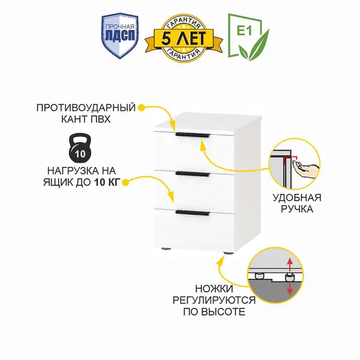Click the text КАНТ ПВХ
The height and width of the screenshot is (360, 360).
tap(91, 119)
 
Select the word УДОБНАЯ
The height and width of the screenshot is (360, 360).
tap(301, 197)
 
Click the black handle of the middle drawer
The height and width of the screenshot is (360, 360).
tap(192, 175)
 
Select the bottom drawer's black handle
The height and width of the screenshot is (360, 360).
tap(192, 212)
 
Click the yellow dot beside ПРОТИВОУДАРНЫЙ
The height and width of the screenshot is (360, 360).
tap(142, 108)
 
